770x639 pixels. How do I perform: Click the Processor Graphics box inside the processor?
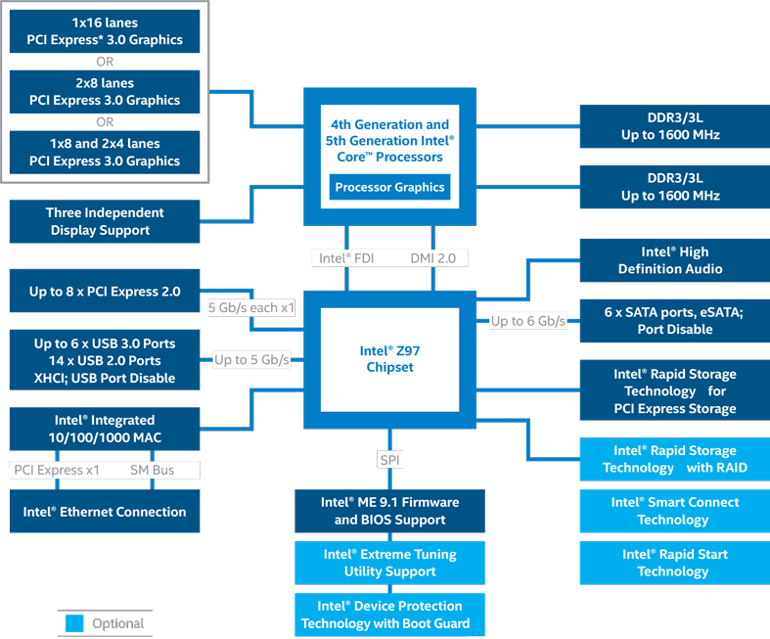389,187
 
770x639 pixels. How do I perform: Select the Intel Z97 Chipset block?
389,358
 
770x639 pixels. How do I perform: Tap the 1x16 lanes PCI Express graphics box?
105,31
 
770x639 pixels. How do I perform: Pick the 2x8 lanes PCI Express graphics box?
105,91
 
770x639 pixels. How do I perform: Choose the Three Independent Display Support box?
105,221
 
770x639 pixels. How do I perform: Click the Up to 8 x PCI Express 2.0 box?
105,292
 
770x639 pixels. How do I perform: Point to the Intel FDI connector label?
346,258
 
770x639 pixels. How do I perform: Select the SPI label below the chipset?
389,459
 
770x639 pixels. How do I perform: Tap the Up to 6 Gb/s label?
528,321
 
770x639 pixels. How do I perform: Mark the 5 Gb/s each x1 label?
250,307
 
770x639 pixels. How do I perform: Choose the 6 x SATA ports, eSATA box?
674,320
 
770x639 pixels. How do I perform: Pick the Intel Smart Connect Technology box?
674,511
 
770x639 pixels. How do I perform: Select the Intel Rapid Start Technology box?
674,563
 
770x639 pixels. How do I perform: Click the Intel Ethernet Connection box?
105,512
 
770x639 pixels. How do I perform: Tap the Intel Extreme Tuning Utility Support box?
389,563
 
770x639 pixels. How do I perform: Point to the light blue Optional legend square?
74,623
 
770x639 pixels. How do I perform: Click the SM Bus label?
152,470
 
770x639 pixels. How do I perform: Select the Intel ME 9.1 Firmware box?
389,511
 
